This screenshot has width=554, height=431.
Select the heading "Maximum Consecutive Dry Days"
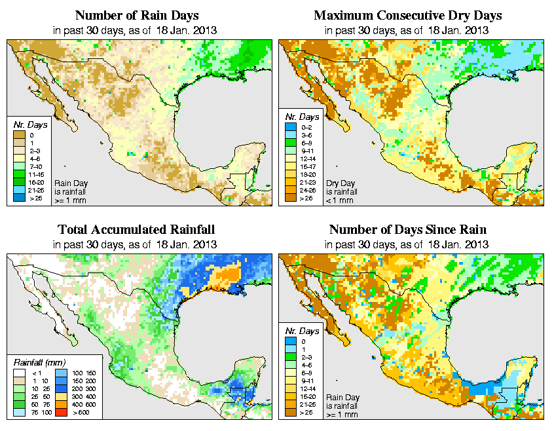pyautogui.click(x=407, y=15)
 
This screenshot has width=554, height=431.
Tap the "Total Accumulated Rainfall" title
pyautogui.click(x=136, y=230)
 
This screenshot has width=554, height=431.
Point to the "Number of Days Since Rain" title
pyautogui.click(x=407, y=230)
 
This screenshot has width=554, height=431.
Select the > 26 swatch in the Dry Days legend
pyautogui.click(x=288, y=198)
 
